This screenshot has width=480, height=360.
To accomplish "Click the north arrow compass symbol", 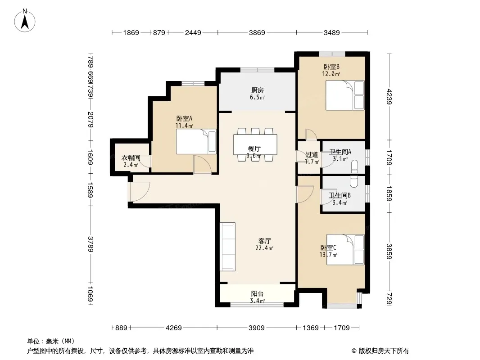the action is (25, 21).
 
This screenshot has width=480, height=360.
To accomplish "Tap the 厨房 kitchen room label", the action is (258, 90).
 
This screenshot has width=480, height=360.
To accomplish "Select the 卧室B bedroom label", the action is (331, 67).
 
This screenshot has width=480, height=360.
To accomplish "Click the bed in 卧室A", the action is (196, 141).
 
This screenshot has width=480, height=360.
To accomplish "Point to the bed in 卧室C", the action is (345, 249).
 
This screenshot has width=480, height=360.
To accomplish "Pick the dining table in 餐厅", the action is (255, 144).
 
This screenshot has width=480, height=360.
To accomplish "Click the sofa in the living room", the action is (228, 247).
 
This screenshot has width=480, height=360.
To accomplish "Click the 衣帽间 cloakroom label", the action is (131, 158).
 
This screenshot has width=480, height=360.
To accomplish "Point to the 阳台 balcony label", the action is (257, 294).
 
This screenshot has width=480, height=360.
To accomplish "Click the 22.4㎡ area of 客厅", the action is (264, 248).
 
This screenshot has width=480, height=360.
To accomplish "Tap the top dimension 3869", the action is (257, 32).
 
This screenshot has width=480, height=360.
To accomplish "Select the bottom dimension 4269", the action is (173, 328).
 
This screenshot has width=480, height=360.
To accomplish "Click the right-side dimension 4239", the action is (389, 96).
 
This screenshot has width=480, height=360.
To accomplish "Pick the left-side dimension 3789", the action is (91, 244).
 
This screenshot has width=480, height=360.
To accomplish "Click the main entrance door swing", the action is (140, 192).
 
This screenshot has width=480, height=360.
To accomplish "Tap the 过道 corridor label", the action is (312, 155).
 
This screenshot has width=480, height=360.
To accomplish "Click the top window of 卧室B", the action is (332, 54).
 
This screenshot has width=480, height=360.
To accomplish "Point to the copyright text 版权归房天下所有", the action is (384, 351).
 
